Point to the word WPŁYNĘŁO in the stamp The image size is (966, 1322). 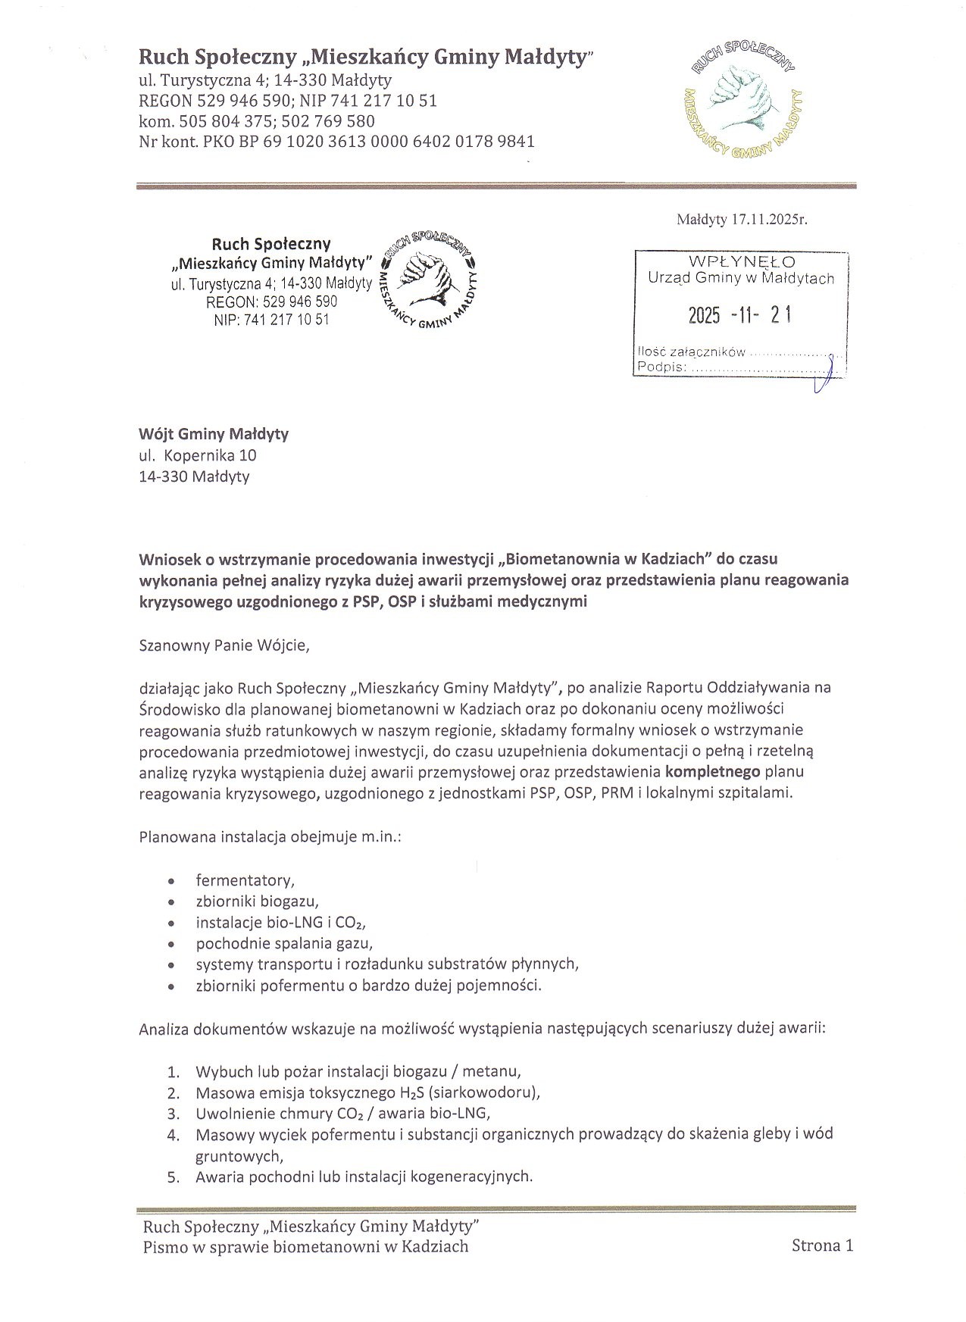click(x=742, y=262)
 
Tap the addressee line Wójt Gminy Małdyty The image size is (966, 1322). click(x=214, y=434)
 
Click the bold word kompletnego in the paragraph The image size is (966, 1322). click(x=713, y=773)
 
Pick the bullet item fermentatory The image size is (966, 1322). click(x=245, y=880)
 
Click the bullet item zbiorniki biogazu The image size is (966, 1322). click(x=257, y=902)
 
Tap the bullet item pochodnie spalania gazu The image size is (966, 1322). click(x=284, y=944)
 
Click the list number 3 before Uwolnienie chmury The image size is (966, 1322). click(x=173, y=1114)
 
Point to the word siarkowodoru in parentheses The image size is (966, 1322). click(x=485, y=1092)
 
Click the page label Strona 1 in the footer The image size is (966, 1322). click(x=822, y=1245)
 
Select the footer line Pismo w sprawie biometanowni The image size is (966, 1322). click(x=305, y=1246)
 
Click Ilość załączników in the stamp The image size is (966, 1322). click(x=692, y=352)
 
